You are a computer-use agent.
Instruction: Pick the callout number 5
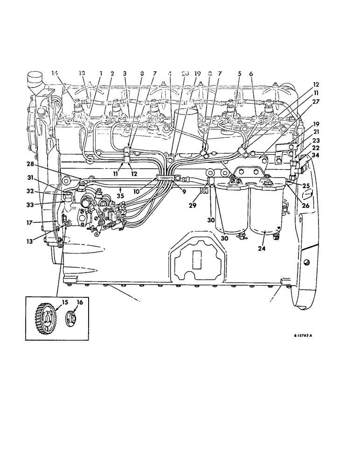[239, 73]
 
